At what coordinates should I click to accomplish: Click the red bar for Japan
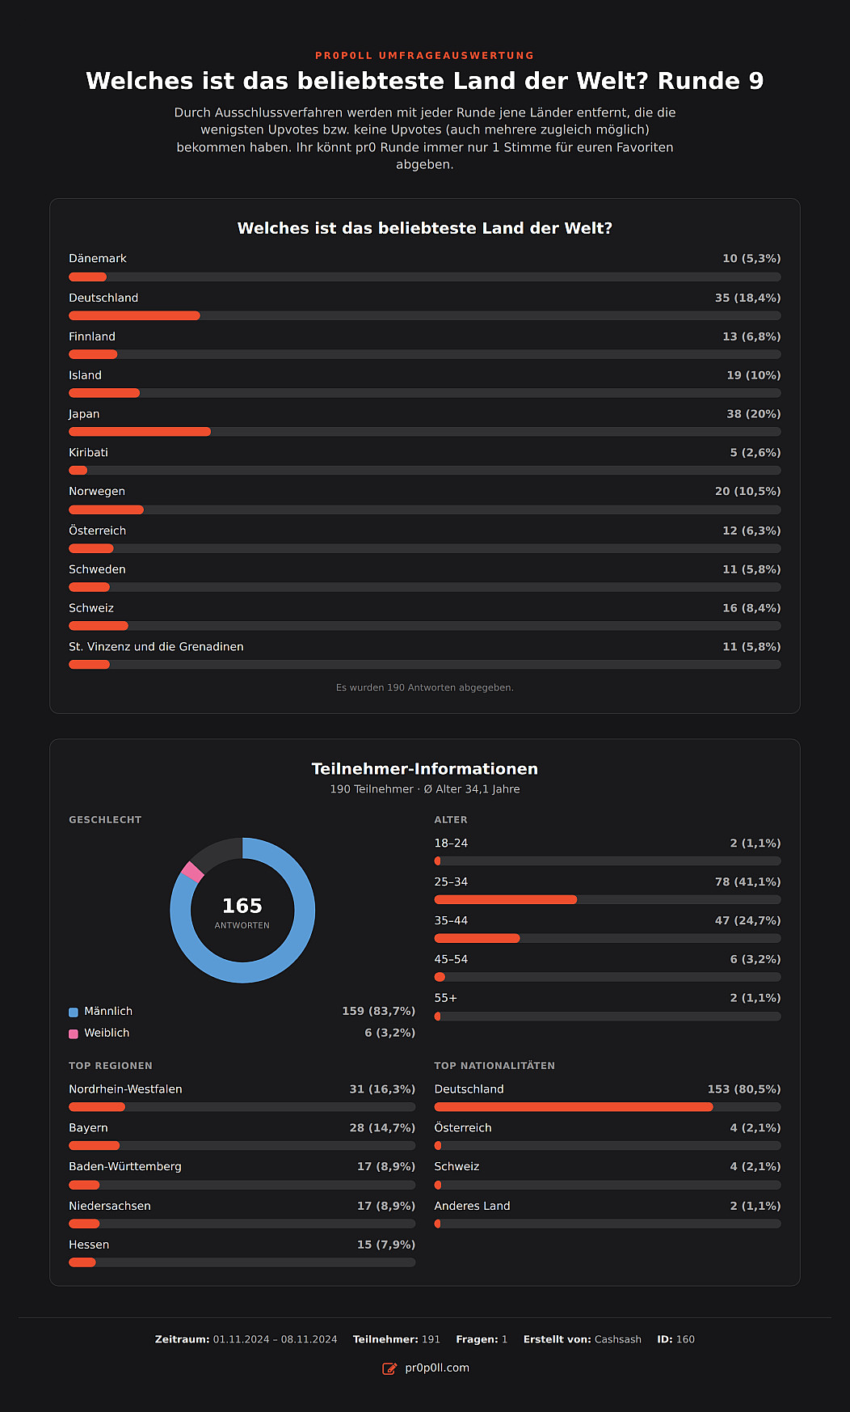click(140, 432)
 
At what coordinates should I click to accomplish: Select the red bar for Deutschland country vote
click(134, 315)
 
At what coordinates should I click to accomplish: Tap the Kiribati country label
click(88, 453)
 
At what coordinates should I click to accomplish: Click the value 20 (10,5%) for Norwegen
click(747, 492)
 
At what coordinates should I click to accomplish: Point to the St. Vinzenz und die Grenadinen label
click(156, 647)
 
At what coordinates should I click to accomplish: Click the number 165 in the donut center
click(242, 906)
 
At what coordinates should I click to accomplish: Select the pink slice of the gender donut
click(192, 872)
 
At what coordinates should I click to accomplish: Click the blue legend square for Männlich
click(74, 1012)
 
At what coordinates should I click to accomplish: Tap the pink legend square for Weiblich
click(74, 1034)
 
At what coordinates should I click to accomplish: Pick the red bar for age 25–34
click(506, 899)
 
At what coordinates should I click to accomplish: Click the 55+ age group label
click(446, 998)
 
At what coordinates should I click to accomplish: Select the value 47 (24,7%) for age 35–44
click(747, 920)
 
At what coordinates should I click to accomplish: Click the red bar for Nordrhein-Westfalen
click(97, 1107)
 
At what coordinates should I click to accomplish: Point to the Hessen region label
click(89, 1245)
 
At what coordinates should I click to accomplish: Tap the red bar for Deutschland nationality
click(574, 1107)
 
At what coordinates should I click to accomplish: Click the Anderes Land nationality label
click(472, 1206)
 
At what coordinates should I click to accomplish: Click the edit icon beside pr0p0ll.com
click(389, 1368)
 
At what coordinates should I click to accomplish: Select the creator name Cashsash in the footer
click(618, 1339)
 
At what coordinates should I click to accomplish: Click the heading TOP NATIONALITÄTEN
click(494, 1066)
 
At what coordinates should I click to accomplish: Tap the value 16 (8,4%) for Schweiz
click(751, 608)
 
